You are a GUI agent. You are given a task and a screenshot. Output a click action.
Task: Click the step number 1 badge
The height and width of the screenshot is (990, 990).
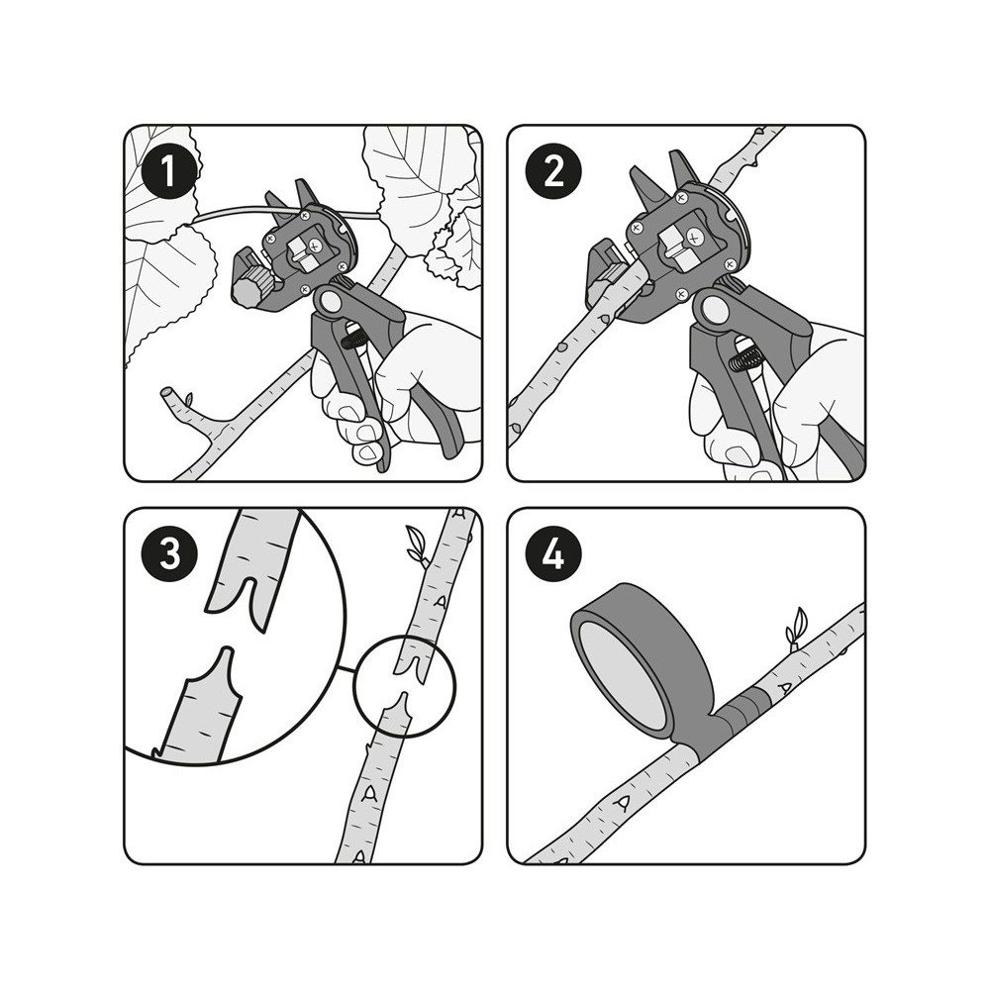tap(168, 170)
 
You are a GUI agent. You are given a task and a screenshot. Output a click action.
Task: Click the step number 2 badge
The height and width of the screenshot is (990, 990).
tap(552, 170)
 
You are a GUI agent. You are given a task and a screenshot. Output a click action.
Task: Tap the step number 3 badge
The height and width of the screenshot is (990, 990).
tap(168, 553)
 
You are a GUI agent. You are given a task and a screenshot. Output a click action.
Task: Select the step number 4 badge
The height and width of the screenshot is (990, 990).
tap(552, 553)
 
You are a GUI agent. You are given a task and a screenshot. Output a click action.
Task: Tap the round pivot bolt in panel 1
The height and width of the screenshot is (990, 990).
tap(328, 302)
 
